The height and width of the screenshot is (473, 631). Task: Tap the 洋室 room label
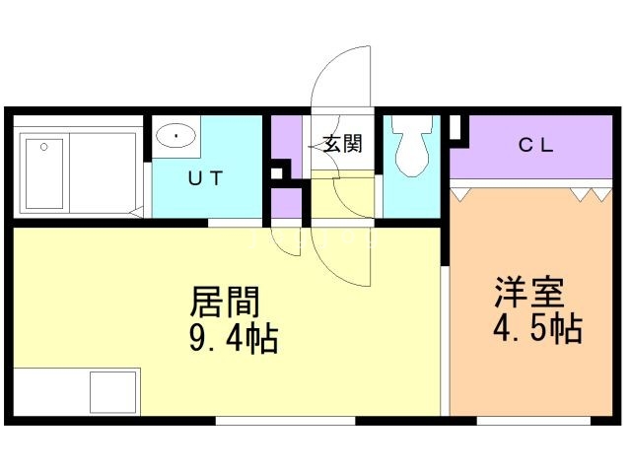528,293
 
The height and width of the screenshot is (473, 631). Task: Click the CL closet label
536,146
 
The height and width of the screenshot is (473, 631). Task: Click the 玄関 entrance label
342,144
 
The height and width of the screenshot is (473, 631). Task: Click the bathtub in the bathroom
44,172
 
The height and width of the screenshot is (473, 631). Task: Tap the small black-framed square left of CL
456,126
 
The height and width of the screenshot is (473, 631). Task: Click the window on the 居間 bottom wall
285,421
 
